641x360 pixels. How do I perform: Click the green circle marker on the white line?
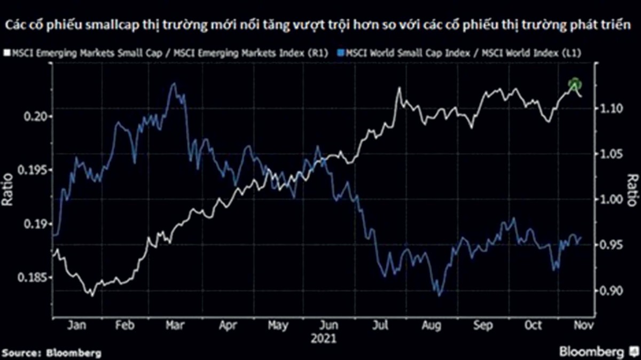pos(574,84)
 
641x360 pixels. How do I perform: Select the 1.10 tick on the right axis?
pos(609,108)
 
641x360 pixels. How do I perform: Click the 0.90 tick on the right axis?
pos(609,291)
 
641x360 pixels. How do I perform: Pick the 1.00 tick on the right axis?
pos(609,199)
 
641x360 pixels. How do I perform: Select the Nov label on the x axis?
pos(582,325)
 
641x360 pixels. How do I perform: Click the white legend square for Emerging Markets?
pos(5,53)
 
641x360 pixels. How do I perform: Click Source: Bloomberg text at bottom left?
pos(51,353)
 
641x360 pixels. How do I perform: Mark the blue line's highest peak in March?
pos(173,83)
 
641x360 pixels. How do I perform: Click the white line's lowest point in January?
pos(91,295)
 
